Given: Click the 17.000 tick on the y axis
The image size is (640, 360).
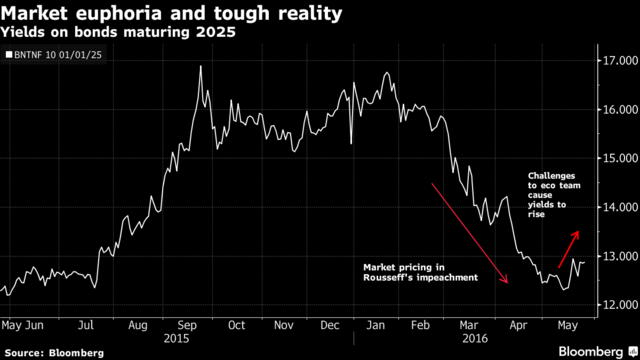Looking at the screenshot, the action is point(618,61).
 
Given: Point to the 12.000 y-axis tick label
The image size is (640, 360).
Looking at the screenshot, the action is point(618,305).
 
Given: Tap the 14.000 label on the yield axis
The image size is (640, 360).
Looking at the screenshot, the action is point(618,207).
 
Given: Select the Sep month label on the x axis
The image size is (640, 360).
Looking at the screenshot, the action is point(187,326).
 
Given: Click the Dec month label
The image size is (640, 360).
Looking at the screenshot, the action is point(329,325).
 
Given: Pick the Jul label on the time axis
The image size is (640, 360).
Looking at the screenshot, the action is point(86,325).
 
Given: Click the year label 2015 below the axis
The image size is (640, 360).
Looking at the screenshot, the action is point(176,339).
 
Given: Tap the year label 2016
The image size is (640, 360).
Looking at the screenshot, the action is point(475,339).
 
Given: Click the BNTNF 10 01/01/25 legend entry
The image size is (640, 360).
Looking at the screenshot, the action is point(53,55).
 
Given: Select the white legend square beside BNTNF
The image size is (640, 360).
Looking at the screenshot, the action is point(9,55).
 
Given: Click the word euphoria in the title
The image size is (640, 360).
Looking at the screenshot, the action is point(120,14).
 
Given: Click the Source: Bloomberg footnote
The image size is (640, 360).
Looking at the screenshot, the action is point(54,353).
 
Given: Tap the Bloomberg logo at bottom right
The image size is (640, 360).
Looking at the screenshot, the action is point(598,352).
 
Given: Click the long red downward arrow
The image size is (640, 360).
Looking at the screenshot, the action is point(470,233).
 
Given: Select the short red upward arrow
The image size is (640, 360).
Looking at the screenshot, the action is point(569,249).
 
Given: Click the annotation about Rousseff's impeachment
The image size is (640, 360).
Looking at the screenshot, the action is point(420,273).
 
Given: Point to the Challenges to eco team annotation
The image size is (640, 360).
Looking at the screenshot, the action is point(554,195).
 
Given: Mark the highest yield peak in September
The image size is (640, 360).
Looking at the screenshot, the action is point(200,66).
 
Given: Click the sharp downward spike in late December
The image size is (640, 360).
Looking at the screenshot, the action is point(351,143).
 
